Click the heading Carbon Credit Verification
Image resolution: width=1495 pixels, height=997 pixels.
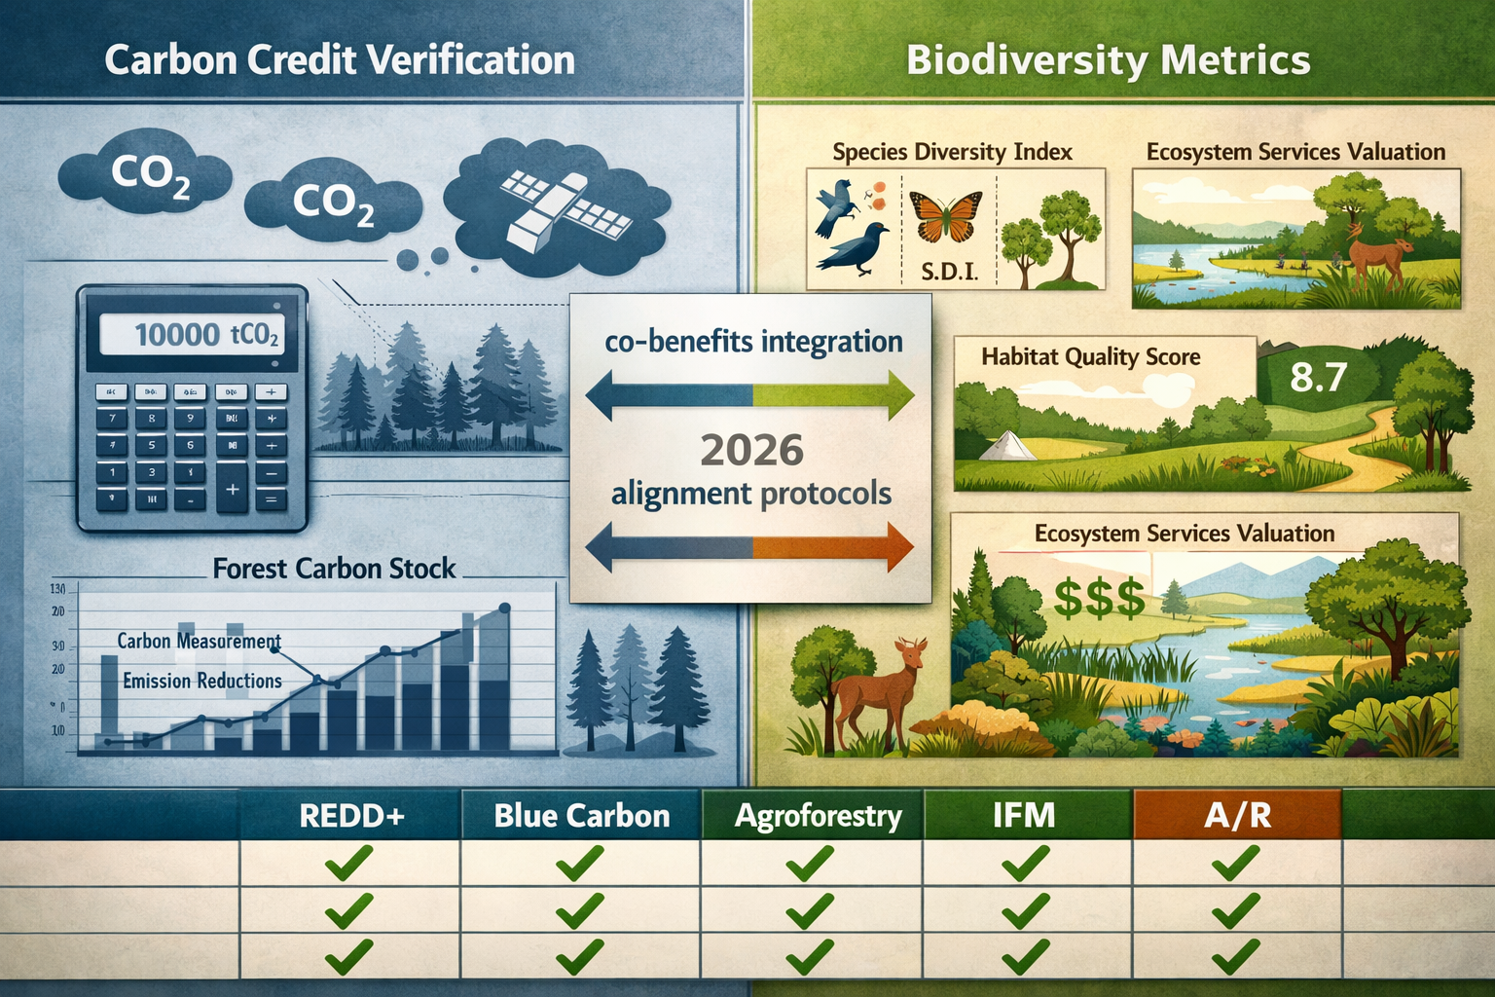[339, 60]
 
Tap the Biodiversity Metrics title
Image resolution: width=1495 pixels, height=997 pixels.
[1108, 60]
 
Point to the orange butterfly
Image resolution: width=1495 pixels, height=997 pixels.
[944, 215]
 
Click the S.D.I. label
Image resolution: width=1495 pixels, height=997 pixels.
[948, 271]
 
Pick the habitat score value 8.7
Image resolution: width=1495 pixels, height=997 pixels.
[1318, 377]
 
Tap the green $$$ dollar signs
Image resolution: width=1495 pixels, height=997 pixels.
[1099, 598]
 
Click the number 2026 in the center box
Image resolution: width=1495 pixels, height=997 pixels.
[751, 450]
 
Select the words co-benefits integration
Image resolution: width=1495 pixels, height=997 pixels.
[753, 342]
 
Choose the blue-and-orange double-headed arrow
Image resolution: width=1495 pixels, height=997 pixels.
[749, 547]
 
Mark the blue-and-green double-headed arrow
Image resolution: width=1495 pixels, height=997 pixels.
[749, 396]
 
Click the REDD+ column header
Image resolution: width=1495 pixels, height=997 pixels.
[350, 815]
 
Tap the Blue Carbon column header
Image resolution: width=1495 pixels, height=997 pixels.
[581, 815]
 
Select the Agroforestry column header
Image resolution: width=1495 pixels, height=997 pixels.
[818, 815]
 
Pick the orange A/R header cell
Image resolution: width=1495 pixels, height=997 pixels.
[1237, 815]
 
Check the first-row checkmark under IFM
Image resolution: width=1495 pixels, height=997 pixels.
[1025, 863]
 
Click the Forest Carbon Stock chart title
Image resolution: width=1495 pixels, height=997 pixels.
[334, 569]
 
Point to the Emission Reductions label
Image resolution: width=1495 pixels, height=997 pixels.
[202, 681]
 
